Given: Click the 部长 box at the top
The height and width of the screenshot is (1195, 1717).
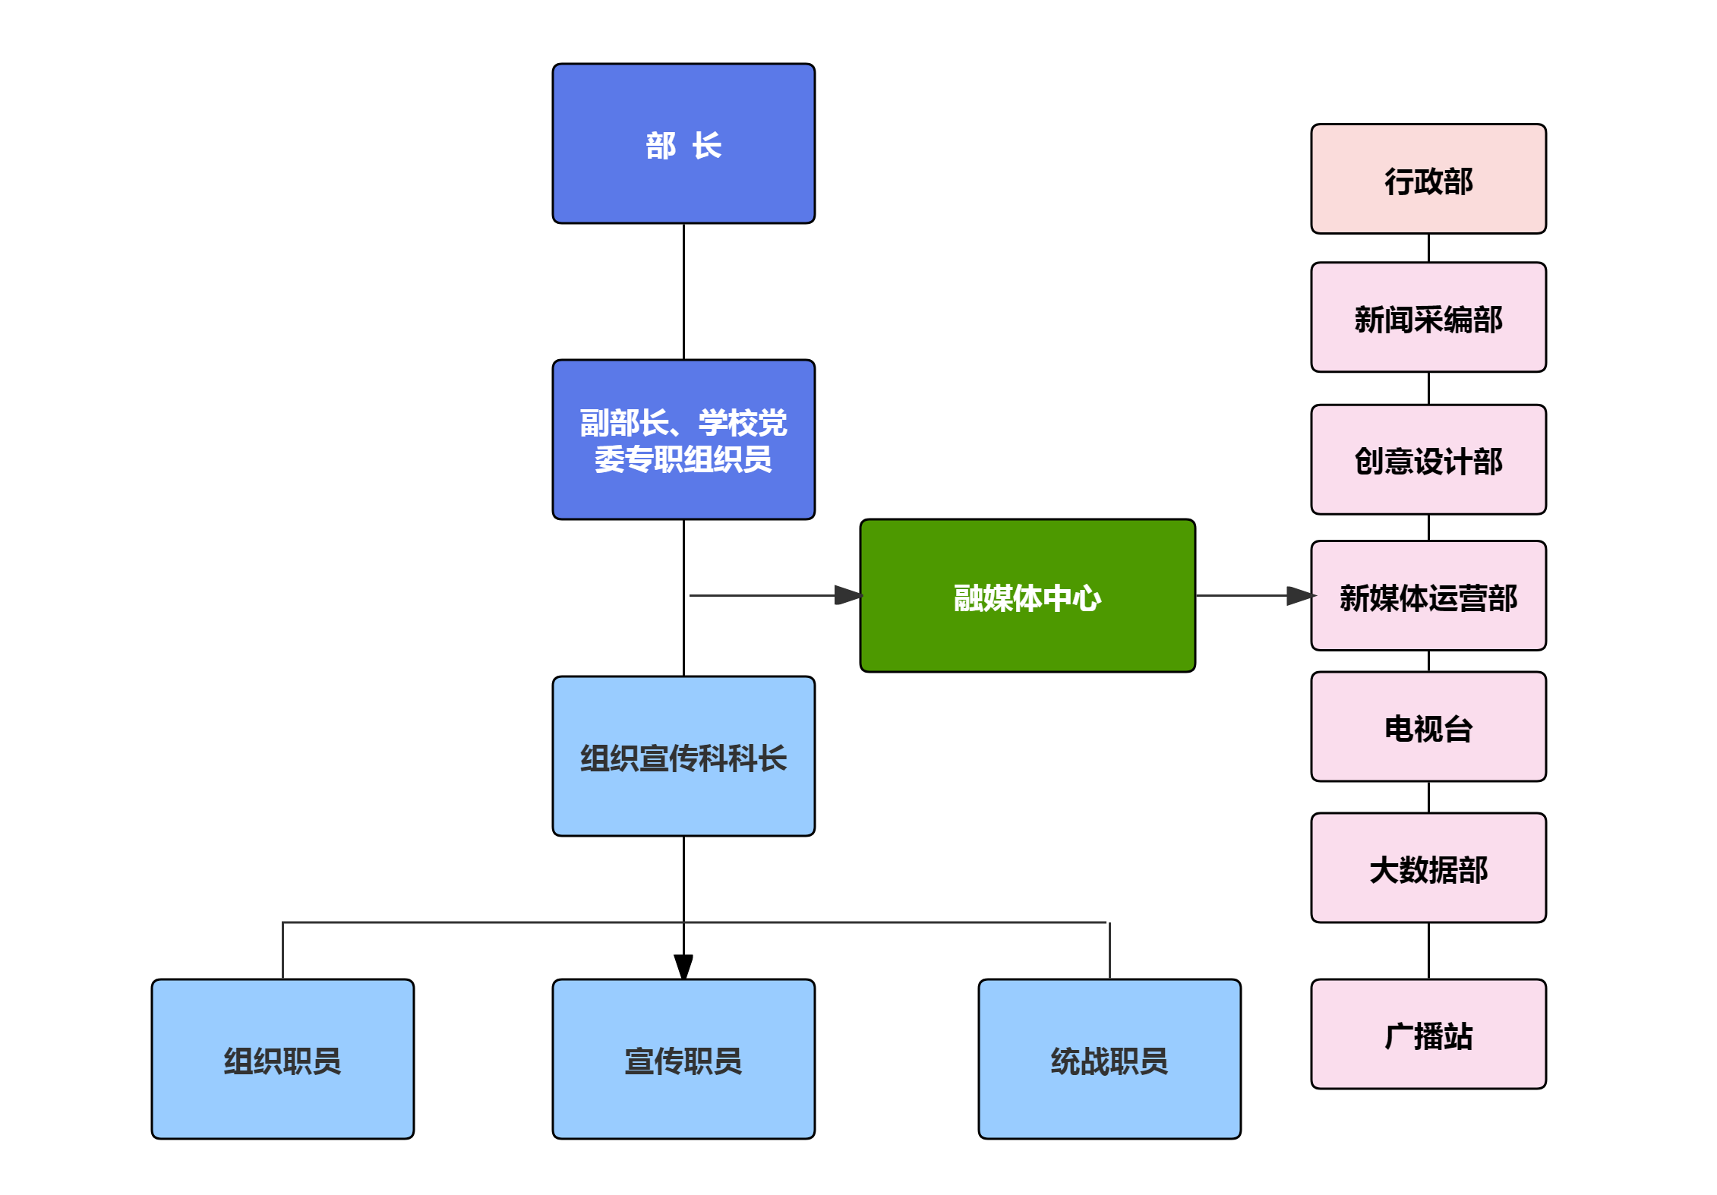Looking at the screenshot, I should coord(683,143).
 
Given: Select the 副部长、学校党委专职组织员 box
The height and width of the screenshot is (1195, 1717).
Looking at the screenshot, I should coord(683,440).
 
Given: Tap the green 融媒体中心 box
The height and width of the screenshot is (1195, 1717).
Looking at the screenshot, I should coord(1027,596).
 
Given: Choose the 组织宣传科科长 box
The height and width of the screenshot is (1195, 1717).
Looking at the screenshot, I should coord(683,756).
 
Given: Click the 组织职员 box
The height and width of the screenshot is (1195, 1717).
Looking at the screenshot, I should coord(282,1059).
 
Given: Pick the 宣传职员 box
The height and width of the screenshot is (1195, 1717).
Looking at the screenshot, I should coord(683,1059).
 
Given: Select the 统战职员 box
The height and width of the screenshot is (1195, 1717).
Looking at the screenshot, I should coord(1109,1059).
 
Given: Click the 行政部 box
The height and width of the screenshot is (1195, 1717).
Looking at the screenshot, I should coord(1428,179).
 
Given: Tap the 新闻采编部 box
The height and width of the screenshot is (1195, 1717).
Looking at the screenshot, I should coord(1428,317).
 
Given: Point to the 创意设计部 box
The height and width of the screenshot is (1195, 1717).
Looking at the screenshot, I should coord(1428,459).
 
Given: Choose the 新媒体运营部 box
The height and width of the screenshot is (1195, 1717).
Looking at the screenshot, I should coord(1428,596).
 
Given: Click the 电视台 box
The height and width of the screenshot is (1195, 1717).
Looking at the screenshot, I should coord(1428,727).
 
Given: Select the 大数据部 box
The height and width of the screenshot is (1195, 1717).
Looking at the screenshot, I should coord(1428,868).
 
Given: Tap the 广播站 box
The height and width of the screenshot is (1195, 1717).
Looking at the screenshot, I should coord(1428,1034).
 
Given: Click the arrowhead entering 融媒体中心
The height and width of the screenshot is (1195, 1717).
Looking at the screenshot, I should coord(848,595).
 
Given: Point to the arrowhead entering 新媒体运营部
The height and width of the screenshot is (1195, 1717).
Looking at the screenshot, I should coord(1300,596).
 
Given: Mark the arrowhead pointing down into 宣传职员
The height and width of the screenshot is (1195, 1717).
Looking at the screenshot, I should coord(683,966).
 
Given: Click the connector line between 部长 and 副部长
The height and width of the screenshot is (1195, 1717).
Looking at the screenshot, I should coord(683,292).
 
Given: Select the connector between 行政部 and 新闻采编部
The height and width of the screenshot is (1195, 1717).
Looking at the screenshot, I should coord(1428,248).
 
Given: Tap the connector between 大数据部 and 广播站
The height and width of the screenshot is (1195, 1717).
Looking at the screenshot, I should coord(1428,951).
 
